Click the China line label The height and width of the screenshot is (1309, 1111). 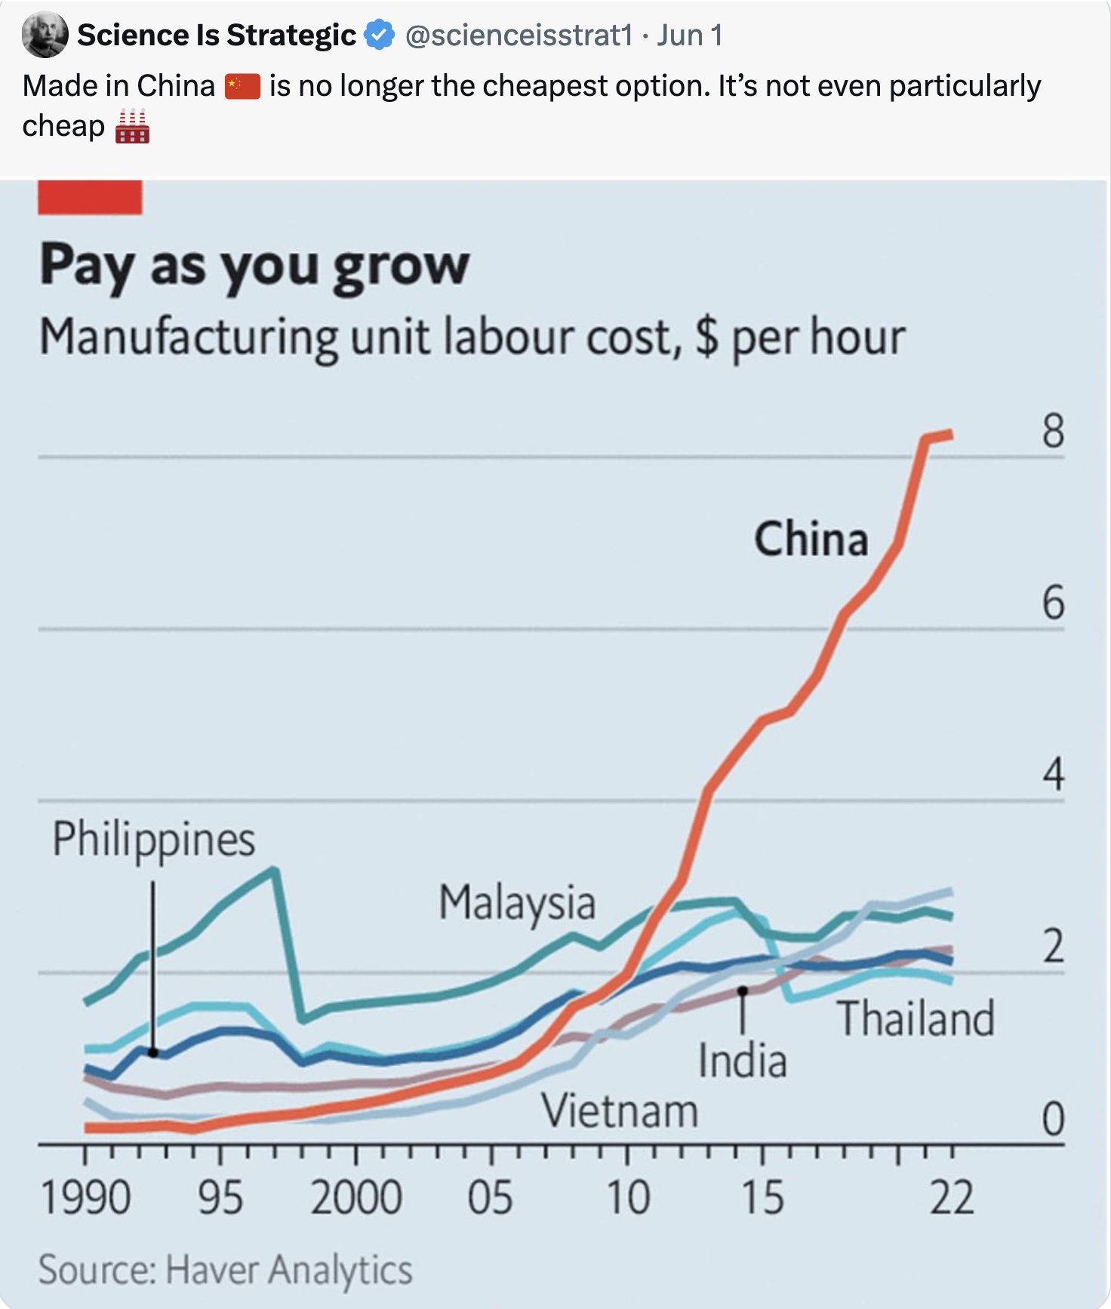tap(811, 539)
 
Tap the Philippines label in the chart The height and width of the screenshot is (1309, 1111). tap(154, 839)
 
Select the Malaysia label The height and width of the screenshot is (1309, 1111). tap(517, 903)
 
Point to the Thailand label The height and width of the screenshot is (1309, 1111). tap(916, 1018)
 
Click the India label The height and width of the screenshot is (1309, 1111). tap(743, 1061)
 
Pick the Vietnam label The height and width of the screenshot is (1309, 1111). tap(620, 1112)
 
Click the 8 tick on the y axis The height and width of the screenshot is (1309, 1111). tap(1053, 432)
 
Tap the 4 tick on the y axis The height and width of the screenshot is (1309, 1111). tap(1053, 775)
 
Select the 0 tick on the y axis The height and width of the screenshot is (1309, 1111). tap(1053, 1119)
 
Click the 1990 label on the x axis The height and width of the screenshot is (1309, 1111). tap(85, 1198)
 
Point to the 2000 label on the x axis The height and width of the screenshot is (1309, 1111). tap(355, 1198)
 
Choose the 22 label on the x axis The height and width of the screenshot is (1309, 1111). tap(951, 1198)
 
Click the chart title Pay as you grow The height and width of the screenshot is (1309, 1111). tap(254, 266)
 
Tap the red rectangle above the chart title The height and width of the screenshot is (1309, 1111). tap(90, 197)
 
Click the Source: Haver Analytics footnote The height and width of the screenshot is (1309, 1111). tap(226, 1270)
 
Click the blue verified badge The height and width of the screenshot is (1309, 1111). tap(379, 35)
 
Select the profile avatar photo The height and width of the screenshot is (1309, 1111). tap(45, 35)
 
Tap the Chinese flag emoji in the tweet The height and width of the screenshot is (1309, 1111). tap(242, 86)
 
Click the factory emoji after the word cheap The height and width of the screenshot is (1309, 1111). tap(132, 126)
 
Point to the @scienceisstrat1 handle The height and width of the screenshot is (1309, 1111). tap(519, 35)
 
